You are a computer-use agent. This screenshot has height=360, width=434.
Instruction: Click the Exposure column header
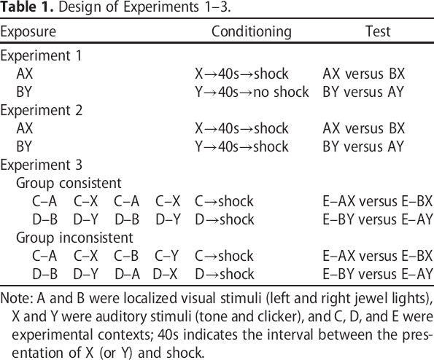click(x=28, y=31)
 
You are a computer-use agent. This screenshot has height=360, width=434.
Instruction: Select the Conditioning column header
click(x=252, y=32)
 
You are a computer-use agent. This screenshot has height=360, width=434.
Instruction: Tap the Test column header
click(x=378, y=31)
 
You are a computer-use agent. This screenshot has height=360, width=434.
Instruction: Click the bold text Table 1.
click(x=26, y=7)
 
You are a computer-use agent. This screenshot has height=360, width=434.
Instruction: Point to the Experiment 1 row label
click(x=41, y=55)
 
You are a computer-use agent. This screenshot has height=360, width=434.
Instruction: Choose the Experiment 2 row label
click(x=42, y=110)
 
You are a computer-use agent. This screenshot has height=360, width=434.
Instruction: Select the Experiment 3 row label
click(x=42, y=165)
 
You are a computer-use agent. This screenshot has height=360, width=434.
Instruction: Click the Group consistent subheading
click(x=69, y=183)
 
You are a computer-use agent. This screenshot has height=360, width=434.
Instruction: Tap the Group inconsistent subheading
click(x=74, y=238)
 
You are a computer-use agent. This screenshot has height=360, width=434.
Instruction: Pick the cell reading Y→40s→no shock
click(x=252, y=92)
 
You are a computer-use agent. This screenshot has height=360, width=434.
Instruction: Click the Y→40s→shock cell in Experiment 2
click(x=241, y=146)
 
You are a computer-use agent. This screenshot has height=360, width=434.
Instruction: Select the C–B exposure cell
click(x=126, y=256)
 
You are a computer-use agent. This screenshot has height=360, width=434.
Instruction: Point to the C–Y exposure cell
click(x=167, y=256)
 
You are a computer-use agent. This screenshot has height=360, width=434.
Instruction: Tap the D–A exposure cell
click(x=128, y=274)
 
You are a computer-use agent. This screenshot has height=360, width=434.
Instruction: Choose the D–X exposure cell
click(x=165, y=274)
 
